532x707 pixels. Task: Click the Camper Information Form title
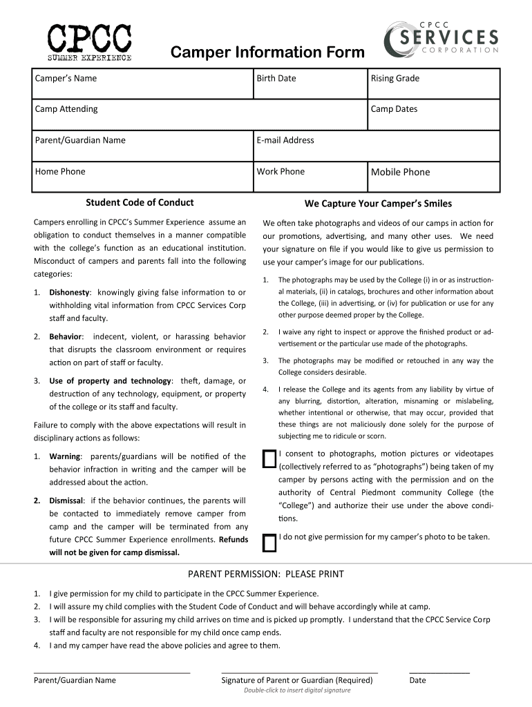coord(267,52)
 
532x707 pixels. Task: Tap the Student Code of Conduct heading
coord(140,202)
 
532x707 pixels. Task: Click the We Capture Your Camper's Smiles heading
coord(378,203)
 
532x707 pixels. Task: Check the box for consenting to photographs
coord(269,461)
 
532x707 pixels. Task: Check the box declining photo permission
coord(269,544)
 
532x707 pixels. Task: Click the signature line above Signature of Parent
coord(299,670)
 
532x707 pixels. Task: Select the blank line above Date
coord(439,670)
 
